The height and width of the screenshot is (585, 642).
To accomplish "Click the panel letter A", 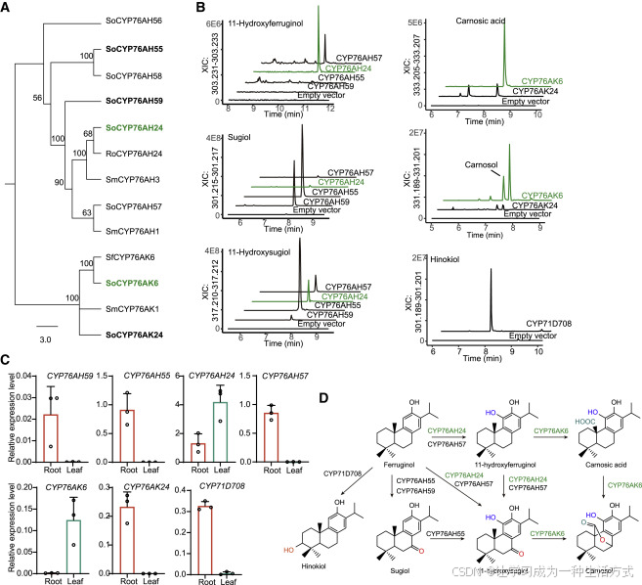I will pos(8,8).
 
